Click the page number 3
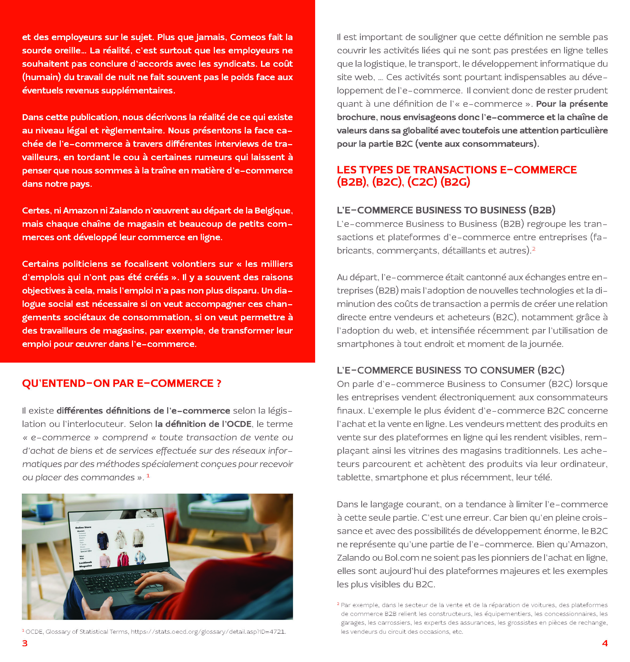pos(25,643)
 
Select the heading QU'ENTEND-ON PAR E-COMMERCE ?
pos(122,383)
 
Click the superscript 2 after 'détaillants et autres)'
pos(533,249)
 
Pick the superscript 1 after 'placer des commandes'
pos(148,475)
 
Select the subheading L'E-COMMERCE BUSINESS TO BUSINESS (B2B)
pos(446,210)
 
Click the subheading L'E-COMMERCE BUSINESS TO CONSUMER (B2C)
pos(450,370)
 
